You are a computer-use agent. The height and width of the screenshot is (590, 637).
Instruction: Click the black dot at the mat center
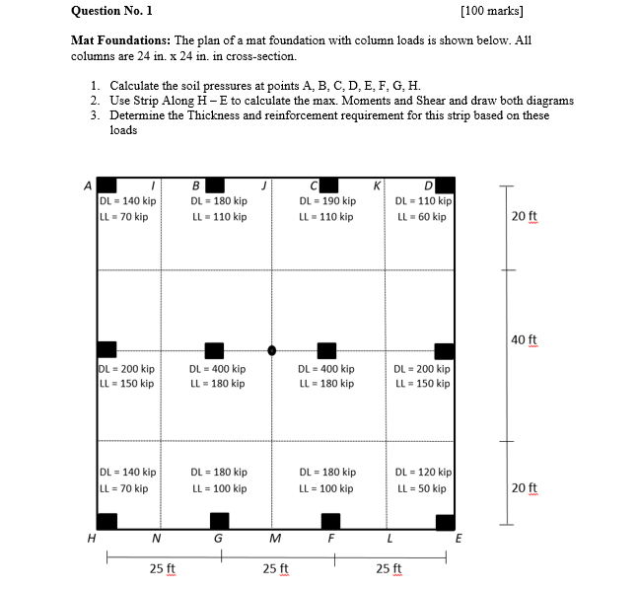click(x=273, y=349)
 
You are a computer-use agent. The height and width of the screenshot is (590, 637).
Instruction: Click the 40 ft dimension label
click(x=525, y=340)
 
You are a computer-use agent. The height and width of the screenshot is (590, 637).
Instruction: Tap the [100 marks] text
click(x=492, y=12)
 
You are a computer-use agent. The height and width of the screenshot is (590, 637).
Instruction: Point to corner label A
click(x=88, y=184)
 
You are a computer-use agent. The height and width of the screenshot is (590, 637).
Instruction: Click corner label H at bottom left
click(x=90, y=538)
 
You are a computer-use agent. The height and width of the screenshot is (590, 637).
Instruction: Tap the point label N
click(x=157, y=538)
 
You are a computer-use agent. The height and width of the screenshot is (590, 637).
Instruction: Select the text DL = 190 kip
click(x=325, y=201)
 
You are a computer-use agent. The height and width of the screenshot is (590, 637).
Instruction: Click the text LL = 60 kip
click(x=420, y=216)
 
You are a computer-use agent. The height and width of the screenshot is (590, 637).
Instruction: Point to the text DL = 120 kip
click(x=423, y=473)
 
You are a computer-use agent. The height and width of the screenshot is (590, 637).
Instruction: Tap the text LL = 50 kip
click(x=420, y=488)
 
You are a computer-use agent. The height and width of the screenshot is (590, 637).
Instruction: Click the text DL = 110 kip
click(x=423, y=201)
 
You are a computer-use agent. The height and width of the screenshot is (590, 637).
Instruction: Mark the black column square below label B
click(x=213, y=184)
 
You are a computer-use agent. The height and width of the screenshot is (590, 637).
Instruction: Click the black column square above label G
click(x=219, y=520)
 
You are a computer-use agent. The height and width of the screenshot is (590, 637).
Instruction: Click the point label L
click(x=390, y=538)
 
